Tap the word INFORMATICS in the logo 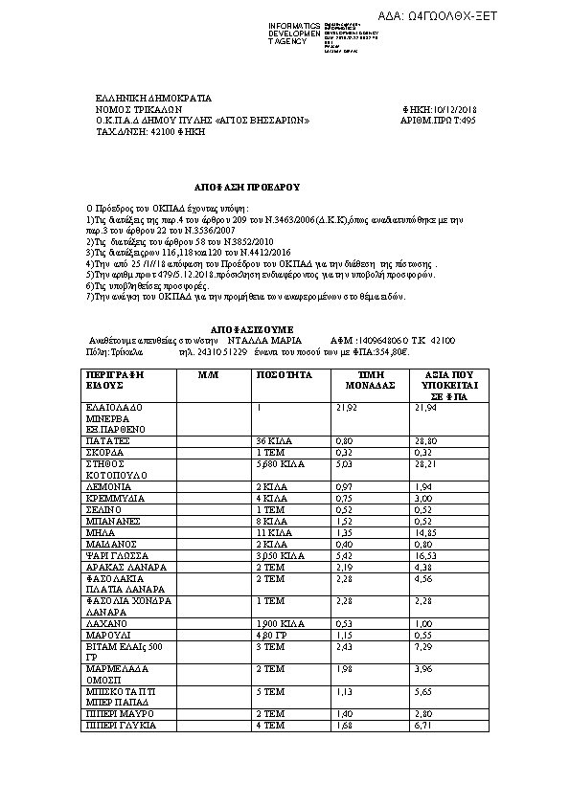295,25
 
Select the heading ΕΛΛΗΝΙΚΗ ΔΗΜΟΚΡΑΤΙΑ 153,99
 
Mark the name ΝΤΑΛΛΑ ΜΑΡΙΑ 263,340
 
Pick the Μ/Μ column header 209,375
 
